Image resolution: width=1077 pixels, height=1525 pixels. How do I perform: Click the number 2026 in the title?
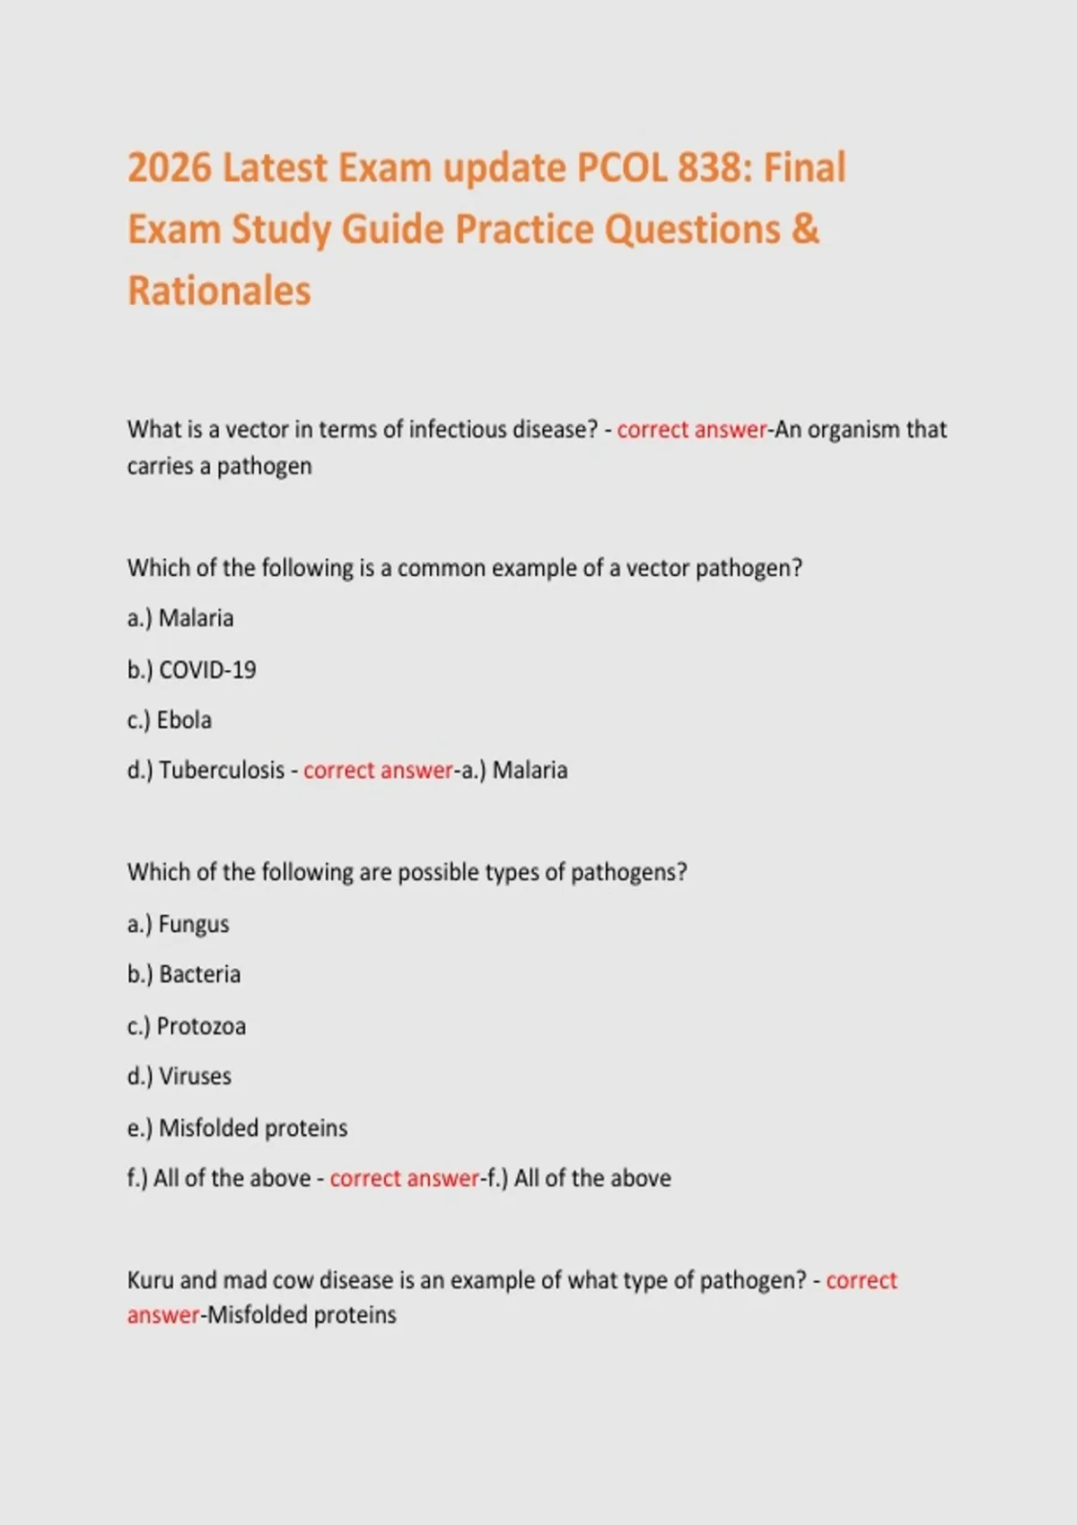click(x=170, y=169)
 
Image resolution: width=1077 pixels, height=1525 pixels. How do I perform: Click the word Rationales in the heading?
click(x=219, y=291)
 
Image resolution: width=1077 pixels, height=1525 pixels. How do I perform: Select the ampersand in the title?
click(x=807, y=230)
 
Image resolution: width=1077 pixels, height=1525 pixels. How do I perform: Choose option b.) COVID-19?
click(x=192, y=670)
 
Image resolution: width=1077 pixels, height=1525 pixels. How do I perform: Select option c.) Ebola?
click(x=170, y=720)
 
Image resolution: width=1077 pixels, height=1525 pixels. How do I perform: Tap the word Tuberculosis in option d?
click(x=222, y=771)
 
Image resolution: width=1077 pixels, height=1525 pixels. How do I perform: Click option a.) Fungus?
click(x=179, y=924)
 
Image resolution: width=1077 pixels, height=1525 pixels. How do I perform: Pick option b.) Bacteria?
click(x=184, y=974)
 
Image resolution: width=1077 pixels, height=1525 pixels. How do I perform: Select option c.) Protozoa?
click(x=187, y=1026)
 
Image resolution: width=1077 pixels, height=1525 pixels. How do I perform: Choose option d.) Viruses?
click(x=179, y=1076)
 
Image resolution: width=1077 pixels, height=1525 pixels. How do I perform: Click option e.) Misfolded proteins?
click(x=238, y=1128)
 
